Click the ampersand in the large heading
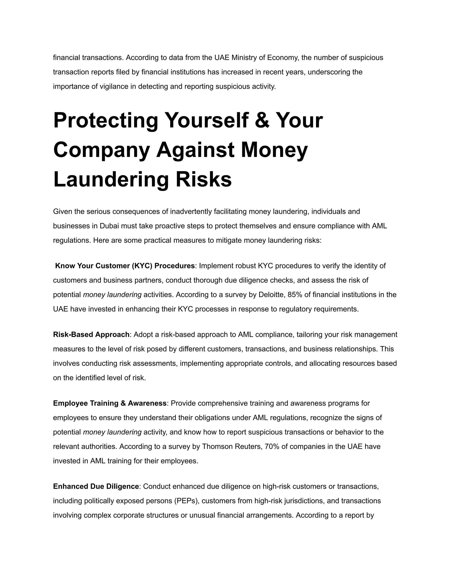pos(262,120)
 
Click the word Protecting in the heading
pos(106,120)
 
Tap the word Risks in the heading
pos(204,179)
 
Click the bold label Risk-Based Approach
pos(91,335)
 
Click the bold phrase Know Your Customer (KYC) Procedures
pos(125,266)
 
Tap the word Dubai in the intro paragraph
pos(109,226)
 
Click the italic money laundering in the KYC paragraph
pos(112,295)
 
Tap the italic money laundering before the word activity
pos(112,432)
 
